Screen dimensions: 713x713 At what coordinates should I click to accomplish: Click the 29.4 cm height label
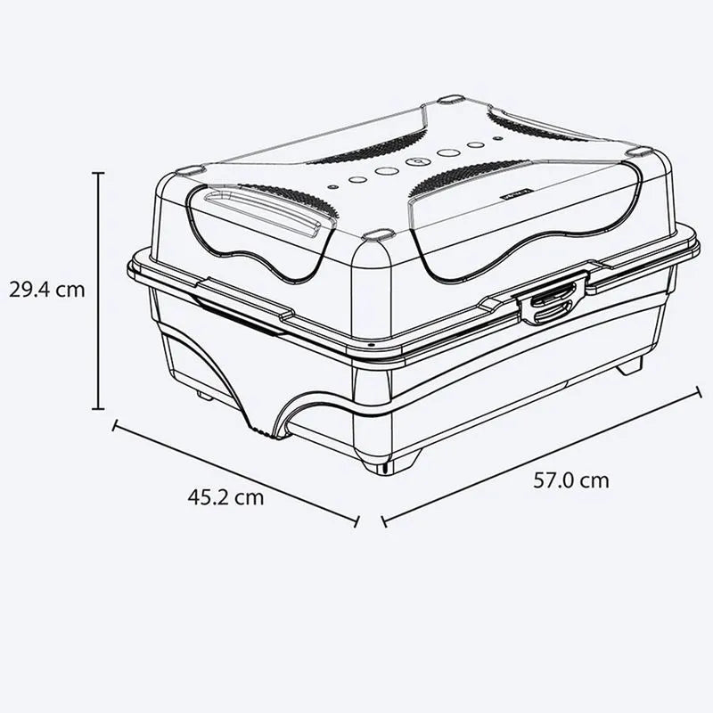click(47, 290)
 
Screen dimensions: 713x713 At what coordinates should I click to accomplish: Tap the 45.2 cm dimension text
click(225, 497)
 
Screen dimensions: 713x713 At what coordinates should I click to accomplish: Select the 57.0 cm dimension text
click(571, 480)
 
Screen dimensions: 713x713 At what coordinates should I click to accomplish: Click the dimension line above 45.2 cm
click(235, 472)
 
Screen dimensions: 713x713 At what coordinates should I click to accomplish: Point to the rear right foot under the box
click(631, 364)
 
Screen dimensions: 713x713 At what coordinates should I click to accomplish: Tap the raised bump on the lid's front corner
click(378, 235)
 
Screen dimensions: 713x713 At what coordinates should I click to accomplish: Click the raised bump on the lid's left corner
click(190, 168)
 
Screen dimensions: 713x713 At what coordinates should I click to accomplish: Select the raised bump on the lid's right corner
click(640, 152)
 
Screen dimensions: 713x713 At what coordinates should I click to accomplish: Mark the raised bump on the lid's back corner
click(451, 99)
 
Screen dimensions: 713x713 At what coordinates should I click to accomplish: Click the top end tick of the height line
click(98, 174)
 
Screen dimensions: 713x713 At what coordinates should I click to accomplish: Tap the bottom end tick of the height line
click(98, 408)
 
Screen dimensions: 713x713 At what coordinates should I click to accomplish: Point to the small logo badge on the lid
click(516, 191)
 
